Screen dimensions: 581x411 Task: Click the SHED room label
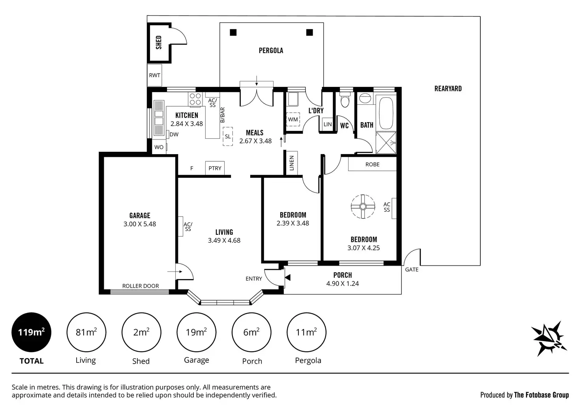coord(159,43)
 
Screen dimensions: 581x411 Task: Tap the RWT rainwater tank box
coord(155,75)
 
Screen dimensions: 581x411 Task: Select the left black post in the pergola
coord(233,32)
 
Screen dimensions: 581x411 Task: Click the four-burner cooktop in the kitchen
coord(195,99)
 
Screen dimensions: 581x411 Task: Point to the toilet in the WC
coord(345,100)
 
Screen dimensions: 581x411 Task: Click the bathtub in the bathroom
coord(386,113)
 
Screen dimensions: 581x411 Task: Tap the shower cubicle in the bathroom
coord(386,143)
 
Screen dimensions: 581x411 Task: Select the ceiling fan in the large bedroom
coord(363,206)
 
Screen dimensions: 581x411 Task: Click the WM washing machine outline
coord(293,119)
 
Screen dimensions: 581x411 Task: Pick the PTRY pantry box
coord(215,168)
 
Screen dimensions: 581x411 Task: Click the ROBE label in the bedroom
coord(372,164)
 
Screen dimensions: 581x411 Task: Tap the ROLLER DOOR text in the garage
coord(141,286)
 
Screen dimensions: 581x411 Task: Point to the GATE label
coord(412,270)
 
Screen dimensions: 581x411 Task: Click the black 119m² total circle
coord(32,332)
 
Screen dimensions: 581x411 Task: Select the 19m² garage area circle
coord(196,332)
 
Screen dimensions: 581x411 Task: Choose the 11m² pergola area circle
coord(306,332)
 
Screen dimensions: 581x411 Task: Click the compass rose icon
coord(549,339)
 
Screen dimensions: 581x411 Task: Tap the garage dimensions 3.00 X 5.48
coord(140,224)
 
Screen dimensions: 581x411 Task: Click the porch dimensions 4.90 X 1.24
coord(342,283)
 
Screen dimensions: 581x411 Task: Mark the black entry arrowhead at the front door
coord(288,277)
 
